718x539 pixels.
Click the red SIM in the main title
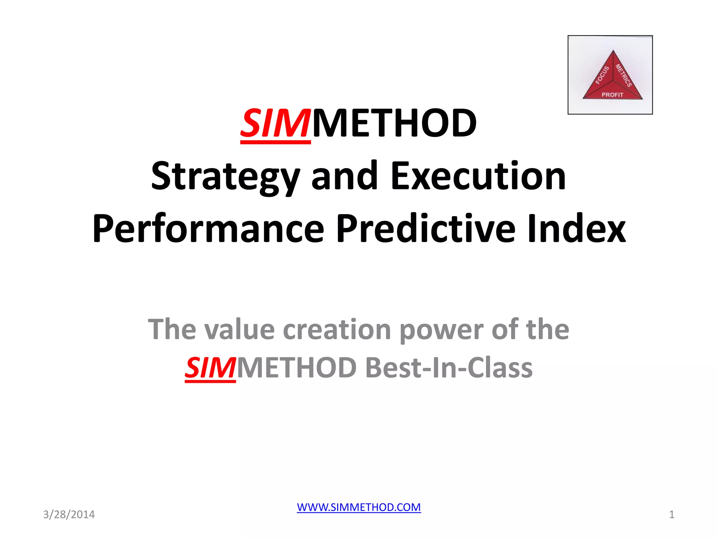[x=275, y=124]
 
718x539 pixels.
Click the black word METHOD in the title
[x=394, y=124]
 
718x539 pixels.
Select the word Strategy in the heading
[x=225, y=176]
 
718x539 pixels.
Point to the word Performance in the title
[x=208, y=229]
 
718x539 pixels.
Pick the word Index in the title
[x=576, y=229]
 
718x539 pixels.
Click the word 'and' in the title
[x=345, y=176]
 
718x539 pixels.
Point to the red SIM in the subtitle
[x=210, y=368]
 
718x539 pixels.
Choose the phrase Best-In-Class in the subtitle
[x=449, y=368]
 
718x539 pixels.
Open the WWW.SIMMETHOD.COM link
[x=359, y=507]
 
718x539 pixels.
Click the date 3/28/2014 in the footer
[x=69, y=514]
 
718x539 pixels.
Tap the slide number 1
[x=671, y=514]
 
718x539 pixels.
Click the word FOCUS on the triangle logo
[x=602, y=75]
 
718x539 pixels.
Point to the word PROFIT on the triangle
[x=612, y=95]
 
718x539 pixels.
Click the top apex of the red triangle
[x=613, y=51]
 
